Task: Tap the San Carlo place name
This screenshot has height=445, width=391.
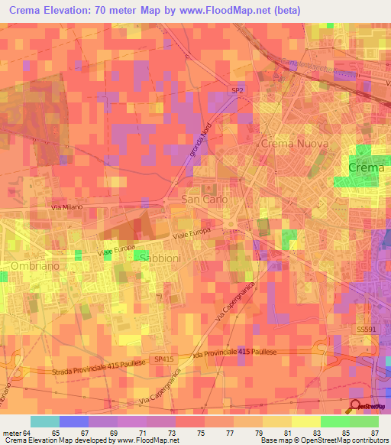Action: pos(204,199)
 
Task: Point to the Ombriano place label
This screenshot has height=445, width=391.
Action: pos(36,265)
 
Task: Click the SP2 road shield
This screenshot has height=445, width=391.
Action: pos(238,91)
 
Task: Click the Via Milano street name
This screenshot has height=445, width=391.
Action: pos(66,207)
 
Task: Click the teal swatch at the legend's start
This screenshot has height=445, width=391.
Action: pos(44,421)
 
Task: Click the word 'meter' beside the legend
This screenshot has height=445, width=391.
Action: pos(11,432)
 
